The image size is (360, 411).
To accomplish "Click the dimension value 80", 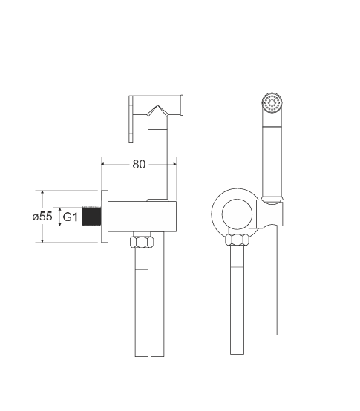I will [x=139, y=164].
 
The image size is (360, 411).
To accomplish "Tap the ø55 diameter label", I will [x=42, y=217].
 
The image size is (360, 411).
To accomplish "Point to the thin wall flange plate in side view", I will [x=106, y=216].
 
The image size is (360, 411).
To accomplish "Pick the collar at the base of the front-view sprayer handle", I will [x=272, y=199].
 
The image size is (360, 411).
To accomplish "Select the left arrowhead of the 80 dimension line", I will [x=103, y=164].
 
